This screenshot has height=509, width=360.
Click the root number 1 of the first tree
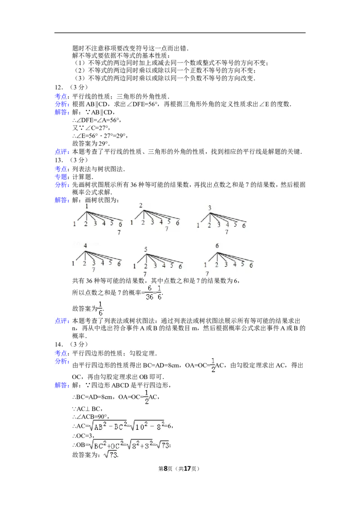pos(86,206)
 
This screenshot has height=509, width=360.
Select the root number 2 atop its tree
pos(141,205)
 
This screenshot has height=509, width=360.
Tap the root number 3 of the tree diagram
pos(210,208)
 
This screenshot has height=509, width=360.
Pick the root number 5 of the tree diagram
pos(146,249)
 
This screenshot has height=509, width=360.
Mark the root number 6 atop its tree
pos(217,246)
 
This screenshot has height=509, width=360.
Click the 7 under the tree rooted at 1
pos(119,232)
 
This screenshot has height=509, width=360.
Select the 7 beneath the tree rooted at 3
pos(227,232)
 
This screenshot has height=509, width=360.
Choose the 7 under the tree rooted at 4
pos(93,270)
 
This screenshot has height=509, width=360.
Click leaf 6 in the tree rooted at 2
pos(178,223)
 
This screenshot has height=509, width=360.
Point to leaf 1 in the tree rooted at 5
pos(135,266)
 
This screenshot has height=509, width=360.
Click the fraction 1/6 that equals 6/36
pos(160,293)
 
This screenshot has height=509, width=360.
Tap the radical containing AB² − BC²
pos(107,425)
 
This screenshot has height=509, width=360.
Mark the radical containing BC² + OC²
pos(107,444)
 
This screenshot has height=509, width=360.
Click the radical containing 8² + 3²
pos(139,444)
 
